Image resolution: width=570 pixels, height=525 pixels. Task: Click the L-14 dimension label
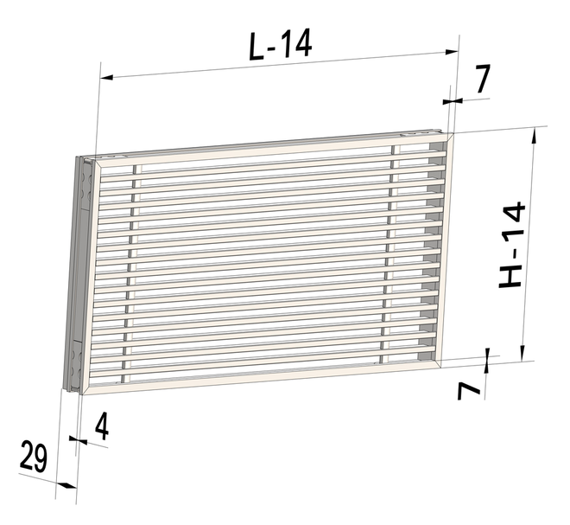[x=280, y=43]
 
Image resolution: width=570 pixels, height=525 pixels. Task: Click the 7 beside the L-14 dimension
[x=481, y=80]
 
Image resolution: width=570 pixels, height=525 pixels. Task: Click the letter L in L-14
[x=257, y=44]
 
